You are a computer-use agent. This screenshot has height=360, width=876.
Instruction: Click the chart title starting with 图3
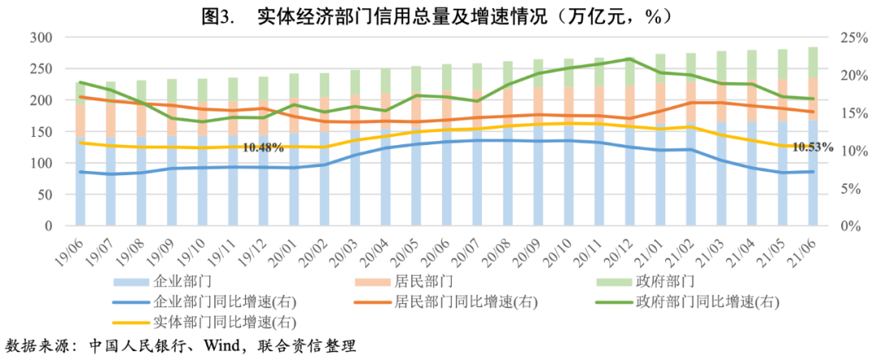tap(438, 14)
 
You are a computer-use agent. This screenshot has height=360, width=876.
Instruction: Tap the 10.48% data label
tap(263, 148)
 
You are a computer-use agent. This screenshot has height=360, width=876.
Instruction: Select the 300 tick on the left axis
tap(41, 37)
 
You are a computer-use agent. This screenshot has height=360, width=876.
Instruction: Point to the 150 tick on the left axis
tap(41, 131)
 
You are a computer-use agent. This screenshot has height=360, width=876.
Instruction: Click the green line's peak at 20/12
tap(629, 58)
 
